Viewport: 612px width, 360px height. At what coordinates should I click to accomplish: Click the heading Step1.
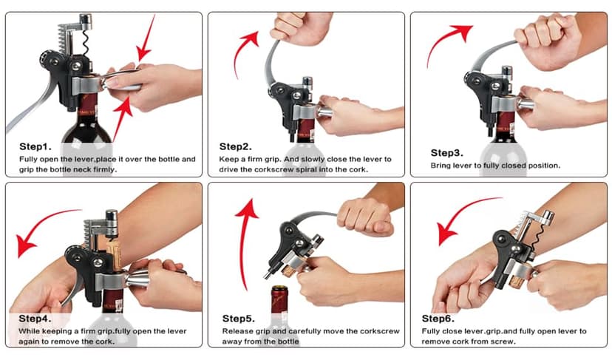(x=35, y=147)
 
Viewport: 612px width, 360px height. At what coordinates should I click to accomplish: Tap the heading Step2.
(x=235, y=147)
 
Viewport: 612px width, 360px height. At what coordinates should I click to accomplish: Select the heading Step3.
(x=447, y=153)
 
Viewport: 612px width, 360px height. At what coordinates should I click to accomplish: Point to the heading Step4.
(x=35, y=319)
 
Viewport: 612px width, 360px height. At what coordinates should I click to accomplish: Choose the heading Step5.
(x=239, y=319)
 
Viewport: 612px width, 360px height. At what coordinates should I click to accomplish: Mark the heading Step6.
(x=438, y=319)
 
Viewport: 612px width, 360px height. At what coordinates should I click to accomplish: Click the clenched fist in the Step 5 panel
(x=365, y=217)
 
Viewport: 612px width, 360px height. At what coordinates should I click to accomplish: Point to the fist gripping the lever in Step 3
(x=546, y=42)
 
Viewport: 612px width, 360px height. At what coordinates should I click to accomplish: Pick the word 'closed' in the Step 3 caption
(x=514, y=166)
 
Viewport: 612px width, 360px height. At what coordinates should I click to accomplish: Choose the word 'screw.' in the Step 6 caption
(x=503, y=342)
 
